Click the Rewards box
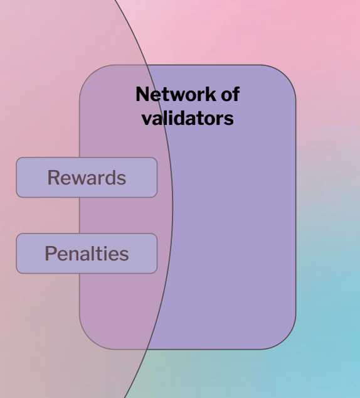tap(87, 178)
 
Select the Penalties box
tap(87, 254)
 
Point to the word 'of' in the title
tap(230, 94)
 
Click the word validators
tap(188, 119)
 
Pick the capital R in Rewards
tap(53, 178)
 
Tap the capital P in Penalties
tap(50, 254)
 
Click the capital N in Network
tap(142, 94)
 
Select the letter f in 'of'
tap(236, 94)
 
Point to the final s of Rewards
tap(122, 180)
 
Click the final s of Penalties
tap(124, 255)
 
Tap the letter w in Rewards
tap(79, 180)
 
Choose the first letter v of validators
tap(147, 121)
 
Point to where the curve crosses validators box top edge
tap(147, 65)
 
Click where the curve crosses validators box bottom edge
tap(147, 349)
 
